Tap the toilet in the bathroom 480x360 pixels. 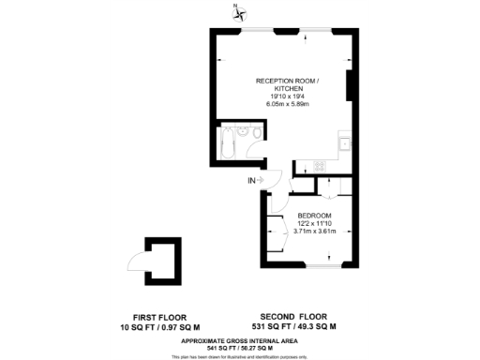245,134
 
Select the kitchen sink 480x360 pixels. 346,142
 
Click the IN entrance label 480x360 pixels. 251,180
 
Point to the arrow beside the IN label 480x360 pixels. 263,180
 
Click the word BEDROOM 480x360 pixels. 314,217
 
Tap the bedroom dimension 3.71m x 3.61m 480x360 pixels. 314,232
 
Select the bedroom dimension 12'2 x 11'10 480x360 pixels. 314,224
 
